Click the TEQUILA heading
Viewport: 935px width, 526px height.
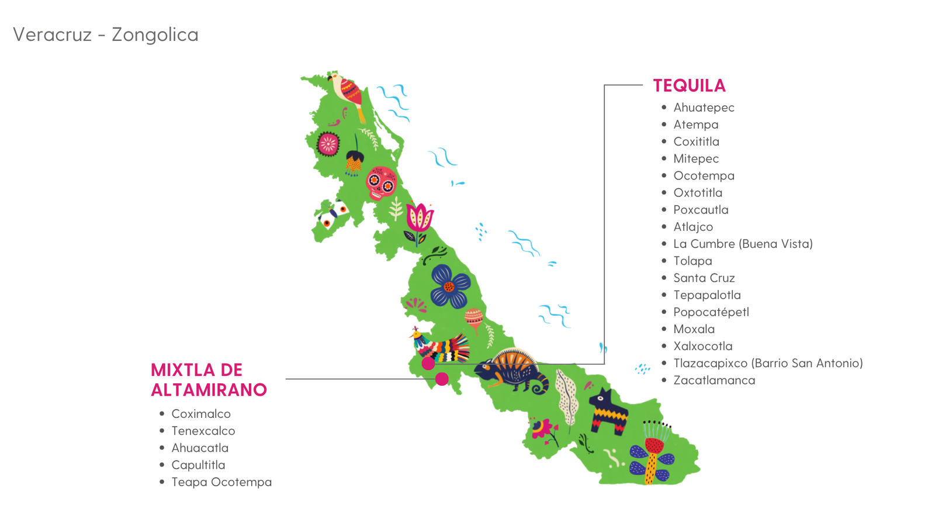689,86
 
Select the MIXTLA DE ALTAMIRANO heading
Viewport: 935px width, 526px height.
209,380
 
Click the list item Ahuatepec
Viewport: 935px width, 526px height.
704,108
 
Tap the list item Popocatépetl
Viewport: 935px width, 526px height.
711,312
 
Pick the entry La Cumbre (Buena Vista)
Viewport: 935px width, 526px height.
743,244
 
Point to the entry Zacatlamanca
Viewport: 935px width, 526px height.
714,380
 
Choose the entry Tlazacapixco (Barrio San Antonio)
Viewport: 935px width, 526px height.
768,363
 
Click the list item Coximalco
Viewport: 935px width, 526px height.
201,414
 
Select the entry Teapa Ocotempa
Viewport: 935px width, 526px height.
221,482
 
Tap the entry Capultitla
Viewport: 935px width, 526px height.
198,465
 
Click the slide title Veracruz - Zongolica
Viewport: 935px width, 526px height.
106,34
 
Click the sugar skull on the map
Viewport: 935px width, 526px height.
381,184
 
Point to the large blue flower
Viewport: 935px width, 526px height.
450,286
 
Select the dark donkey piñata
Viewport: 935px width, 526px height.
608,411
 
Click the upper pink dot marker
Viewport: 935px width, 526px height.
428,364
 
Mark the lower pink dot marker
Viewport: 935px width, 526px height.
442,379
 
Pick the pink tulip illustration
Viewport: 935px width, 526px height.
419,219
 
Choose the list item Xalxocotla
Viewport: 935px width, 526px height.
702,346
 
